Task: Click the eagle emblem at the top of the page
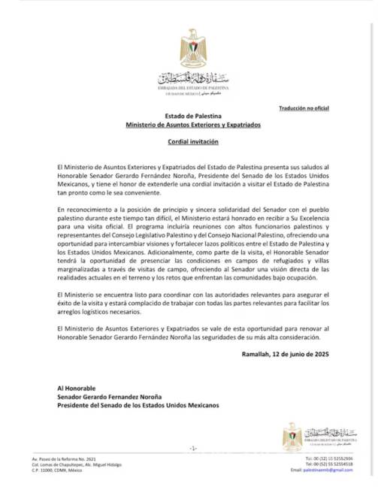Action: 193,48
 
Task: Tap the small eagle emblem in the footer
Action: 292,434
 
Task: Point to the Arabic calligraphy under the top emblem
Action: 192,78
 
